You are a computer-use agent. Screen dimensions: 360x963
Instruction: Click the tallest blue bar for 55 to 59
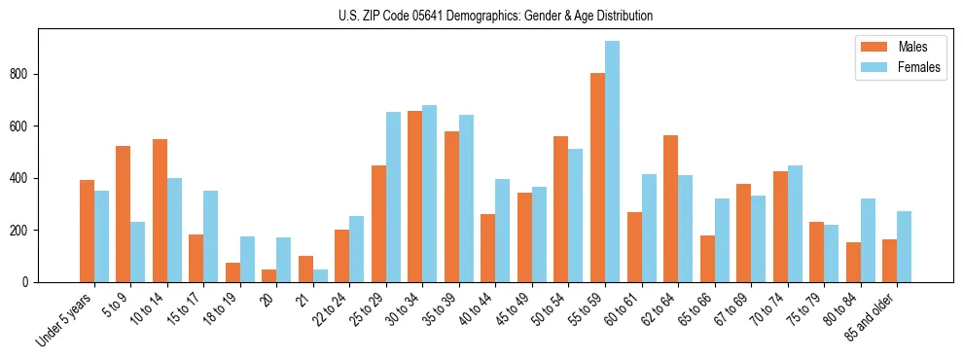(x=612, y=162)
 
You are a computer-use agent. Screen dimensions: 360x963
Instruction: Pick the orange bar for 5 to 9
(x=124, y=214)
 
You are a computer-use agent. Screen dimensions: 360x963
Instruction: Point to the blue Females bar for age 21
(x=320, y=275)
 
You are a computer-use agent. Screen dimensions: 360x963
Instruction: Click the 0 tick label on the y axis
(x=31, y=282)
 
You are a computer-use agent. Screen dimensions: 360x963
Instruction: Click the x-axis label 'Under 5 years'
(x=65, y=320)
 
